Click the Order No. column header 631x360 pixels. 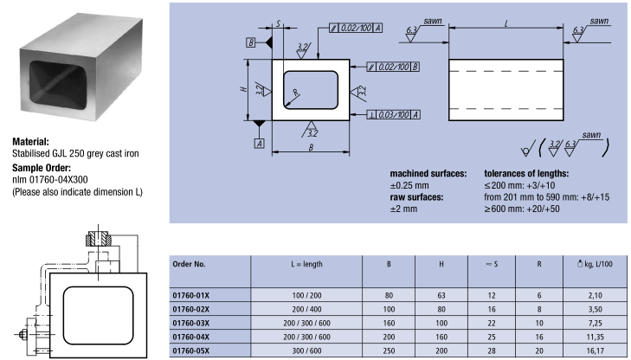pyautogui.click(x=189, y=264)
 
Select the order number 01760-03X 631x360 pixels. pyautogui.click(x=191, y=323)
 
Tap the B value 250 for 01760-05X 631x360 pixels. pyautogui.click(x=389, y=350)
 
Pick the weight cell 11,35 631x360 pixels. pyautogui.click(x=595, y=337)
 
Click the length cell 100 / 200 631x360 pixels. pyautogui.click(x=306, y=296)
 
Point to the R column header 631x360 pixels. pyautogui.click(x=539, y=264)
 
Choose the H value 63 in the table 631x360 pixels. pyautogui.click(x=441, y=296)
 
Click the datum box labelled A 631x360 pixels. pyautogui.click(x=260, y=143)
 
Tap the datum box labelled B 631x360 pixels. pyautogui.click(x=251, y=42)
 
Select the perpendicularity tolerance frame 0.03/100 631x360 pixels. pyautogui.click(x=394, y=115)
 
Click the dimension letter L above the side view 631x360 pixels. pyautogui.click(x=506, y=23)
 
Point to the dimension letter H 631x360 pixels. pyautogui.click(x=243, y=89)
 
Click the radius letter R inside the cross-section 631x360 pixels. pyautogui.click(x=296, y=93)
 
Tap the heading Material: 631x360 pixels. pyautogui.click(x=30, y=142)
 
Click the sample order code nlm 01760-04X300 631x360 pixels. pyautogui.click(x=50, y=179)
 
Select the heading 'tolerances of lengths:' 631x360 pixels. pyautogui.click(x=526, y=174)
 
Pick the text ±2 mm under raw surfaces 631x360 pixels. pyautogui.click(x=403, y=209)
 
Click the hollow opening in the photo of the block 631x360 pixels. pyautogui.click(x=58, y=86)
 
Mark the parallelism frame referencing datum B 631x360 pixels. pyautogui.click(x=393, y=67)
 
